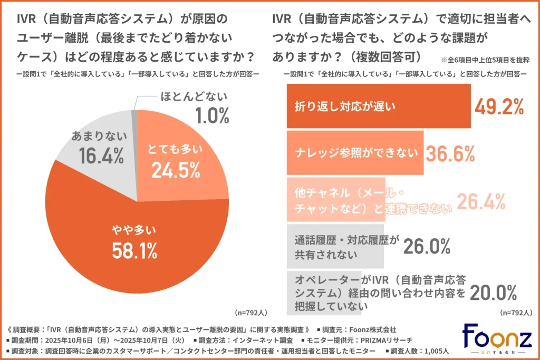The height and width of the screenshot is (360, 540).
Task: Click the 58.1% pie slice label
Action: point(135,250)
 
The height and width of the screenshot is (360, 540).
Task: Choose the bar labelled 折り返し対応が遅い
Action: point(378,106)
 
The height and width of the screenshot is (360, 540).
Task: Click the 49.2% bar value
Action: point(498,106)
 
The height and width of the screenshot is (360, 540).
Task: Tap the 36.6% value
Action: point(450,153)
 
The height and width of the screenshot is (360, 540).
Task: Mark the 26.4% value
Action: point(481,201)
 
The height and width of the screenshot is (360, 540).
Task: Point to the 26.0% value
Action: point(426,246)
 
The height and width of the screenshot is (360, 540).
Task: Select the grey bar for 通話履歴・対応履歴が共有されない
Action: point(335,247)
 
